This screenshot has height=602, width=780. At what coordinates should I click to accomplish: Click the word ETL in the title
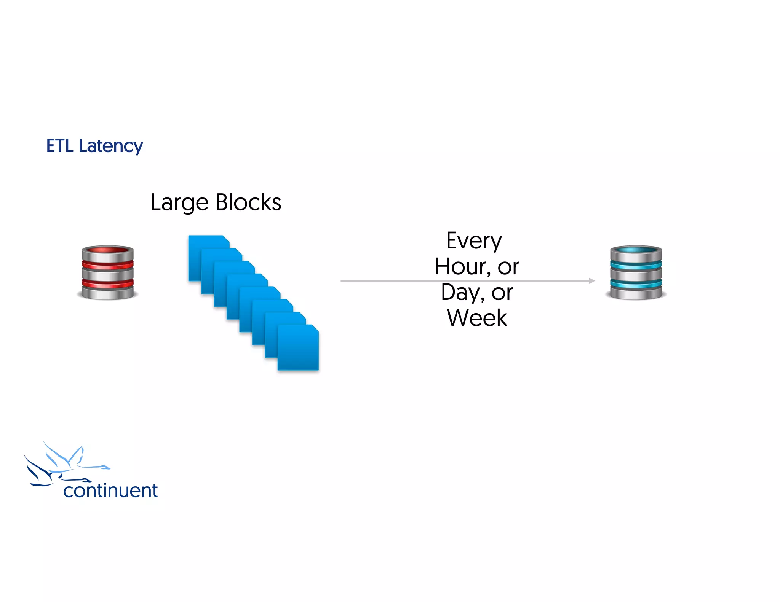[x=59, y=146]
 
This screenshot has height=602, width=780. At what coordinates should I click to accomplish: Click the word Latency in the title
[x=111, y=147]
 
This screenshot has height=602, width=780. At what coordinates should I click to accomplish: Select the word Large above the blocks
[x=179, y=203]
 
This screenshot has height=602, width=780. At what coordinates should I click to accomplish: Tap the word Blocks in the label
[x=248, y=202]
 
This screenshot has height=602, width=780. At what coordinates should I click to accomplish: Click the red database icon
[x=108, y=273]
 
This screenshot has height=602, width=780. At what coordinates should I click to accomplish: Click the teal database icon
[x=636, y=273]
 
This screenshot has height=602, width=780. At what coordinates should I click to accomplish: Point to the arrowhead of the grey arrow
[x=592, y=281]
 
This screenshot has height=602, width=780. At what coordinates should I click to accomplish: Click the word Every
[x=474, y=241]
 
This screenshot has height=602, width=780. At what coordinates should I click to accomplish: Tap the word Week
[x=477, y=318]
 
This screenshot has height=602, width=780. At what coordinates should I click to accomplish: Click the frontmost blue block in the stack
[x=298, y=348]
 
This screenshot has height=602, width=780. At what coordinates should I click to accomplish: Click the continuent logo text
[x=110, y=491]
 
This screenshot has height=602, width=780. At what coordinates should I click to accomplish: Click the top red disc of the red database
[x=108, y=250]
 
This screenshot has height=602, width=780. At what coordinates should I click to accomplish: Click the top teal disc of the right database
[x=636, y=250]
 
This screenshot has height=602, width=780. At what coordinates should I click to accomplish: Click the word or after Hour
[x=508, y=266]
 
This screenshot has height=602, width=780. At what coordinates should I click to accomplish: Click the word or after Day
[x=502, y=293]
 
